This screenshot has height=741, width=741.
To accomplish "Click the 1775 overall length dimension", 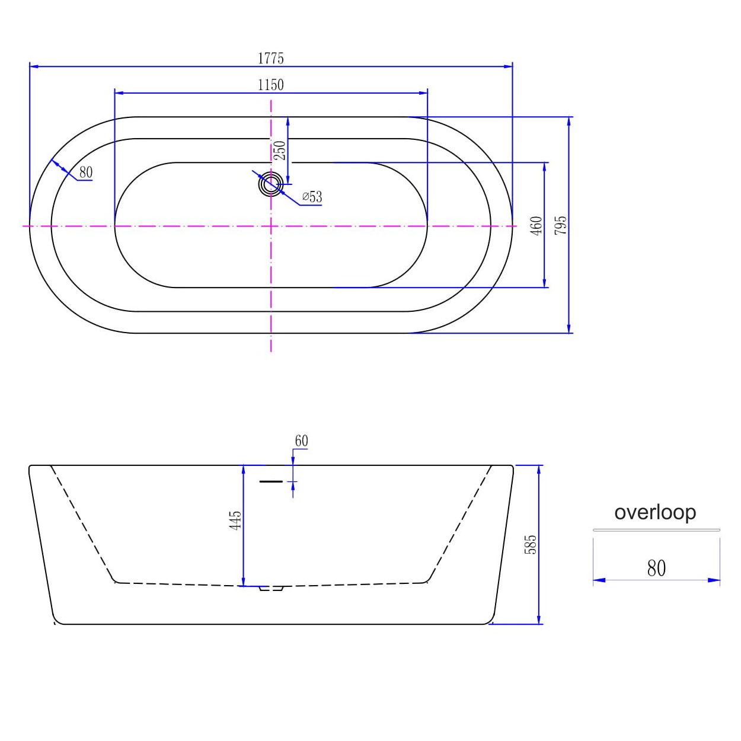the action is (x=271, y=59).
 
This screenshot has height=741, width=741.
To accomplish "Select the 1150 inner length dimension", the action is (x=271, y=85).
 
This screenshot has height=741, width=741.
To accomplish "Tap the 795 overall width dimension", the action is (x=561, y=225).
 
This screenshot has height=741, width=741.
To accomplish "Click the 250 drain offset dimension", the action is (x=280, y=151).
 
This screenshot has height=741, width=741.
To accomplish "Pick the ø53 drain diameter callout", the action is (x=312, y=197).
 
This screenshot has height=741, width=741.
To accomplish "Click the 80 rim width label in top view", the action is (x=86, y=173).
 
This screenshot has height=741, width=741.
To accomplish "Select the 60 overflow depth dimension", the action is (x=301, y=440).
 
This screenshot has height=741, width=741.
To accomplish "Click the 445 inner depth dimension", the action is (x=235, y=520).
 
